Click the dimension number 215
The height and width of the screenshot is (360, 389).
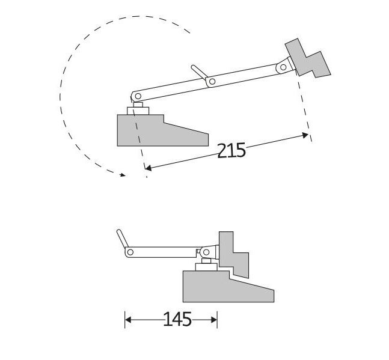pyautogui.click(x=231, y=150)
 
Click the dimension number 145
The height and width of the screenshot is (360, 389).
pyautogui.click(x=177, y=319)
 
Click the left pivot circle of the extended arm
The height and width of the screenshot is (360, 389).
pyautogui.click(x=137, y=96)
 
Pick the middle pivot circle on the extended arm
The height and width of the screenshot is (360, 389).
pyautogui.click(x=212, y=81)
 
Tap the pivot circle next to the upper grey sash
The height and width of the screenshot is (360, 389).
pyautogui.click(x=281, y=68)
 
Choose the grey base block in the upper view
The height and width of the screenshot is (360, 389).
pyautogui.click(x=156, y=130)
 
